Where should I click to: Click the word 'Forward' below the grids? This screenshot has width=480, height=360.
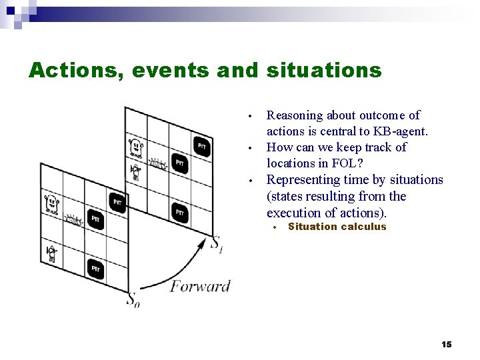tap(200, 286)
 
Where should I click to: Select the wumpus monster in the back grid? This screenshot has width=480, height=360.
tap(135, 145)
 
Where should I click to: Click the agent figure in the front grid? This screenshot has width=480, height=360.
tap(51, 253)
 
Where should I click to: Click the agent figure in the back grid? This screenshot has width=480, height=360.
tap(136, 172)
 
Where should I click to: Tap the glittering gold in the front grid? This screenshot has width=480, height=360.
tap(72, 219)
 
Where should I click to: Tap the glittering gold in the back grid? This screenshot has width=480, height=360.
tap(157, 162)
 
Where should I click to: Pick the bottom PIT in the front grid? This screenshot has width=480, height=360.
tap(95, 268)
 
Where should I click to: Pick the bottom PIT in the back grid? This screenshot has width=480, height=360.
tap(180, 213)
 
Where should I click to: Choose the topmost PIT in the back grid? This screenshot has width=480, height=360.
tap(202, 145)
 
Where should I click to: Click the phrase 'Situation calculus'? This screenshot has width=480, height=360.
tap(337, 227)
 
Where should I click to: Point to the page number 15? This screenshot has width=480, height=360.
tap(446, 344)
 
